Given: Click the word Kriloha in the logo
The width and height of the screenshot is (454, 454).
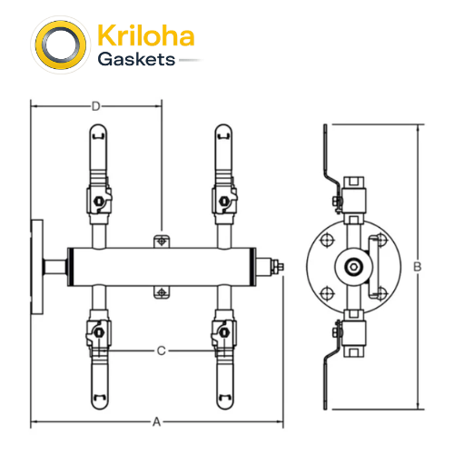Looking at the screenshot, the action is click(x=145, y=35).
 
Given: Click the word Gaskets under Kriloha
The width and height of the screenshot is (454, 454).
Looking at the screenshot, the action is click(x=136, y=59).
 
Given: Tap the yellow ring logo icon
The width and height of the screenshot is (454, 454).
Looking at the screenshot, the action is click(x=61, y=44).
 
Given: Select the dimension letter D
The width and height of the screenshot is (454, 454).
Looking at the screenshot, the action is click(x=95, y=106).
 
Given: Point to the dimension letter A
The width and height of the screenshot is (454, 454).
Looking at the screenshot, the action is click(x=156, y=421).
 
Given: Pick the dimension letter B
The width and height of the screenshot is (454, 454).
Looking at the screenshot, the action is click(x=418, y=267).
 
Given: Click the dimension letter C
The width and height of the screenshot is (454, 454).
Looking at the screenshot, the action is click(x=162, y=350).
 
